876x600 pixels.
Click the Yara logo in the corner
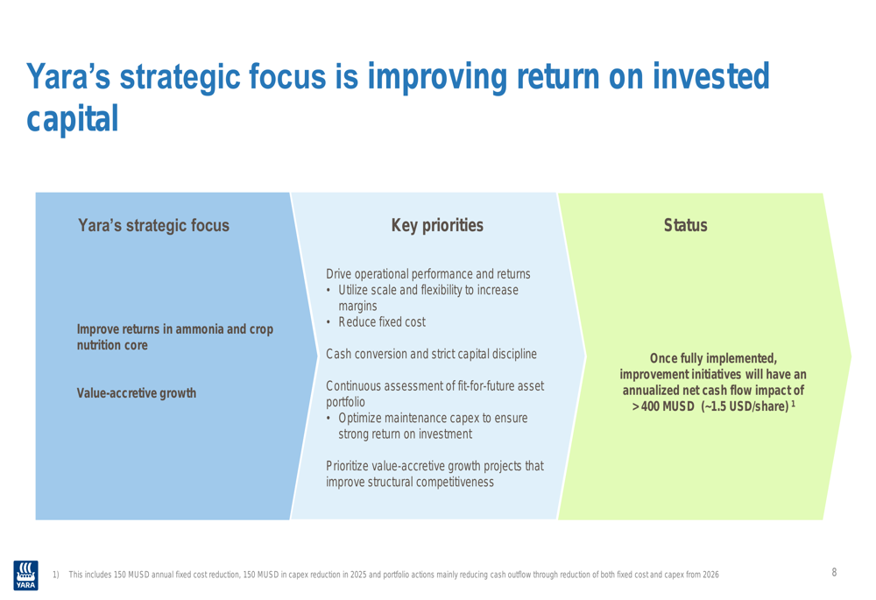[x=25, y=575]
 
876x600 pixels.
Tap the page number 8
[x=834, y=572]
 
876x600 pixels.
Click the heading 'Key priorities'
[x=437, y=225]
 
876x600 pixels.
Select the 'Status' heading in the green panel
[x=686, y=225]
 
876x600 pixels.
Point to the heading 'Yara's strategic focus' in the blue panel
[x=153, y=225]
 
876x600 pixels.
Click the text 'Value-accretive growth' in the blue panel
[x=137, y=392]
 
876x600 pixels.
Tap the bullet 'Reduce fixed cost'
[x=382, y=321]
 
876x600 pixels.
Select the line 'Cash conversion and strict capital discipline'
[x=431, y=354]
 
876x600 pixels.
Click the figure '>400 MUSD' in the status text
[x=663, y=406]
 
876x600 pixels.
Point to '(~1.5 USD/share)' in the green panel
[x=745, y=406]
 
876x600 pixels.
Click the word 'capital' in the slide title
[x=73, y=118]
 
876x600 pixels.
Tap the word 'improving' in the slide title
[x=437, y=77]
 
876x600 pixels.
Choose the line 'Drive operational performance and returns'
[x=428, y=274]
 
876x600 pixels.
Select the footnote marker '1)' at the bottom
[x=56, y=575]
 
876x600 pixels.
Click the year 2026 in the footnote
[x=710, y=575]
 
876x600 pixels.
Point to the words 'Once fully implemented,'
[x=713, y=358]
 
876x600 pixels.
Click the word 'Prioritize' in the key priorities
[x=347, y=466]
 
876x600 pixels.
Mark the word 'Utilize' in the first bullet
[x=353, y=290]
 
